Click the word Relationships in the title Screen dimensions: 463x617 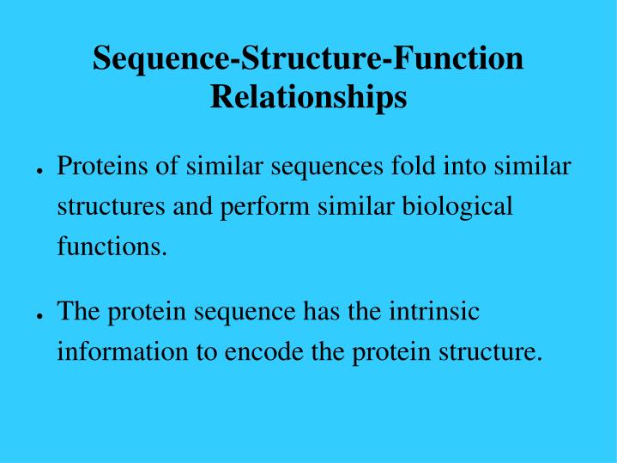(308, 97)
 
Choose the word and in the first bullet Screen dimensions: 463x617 (197, 207)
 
